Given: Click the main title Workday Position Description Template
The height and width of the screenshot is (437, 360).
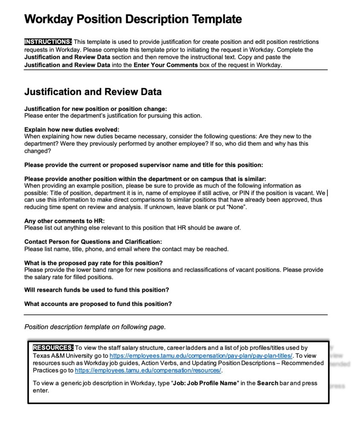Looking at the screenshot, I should (x=133, y=19).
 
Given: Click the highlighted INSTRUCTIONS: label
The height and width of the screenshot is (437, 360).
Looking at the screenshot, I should (x=48, y=42).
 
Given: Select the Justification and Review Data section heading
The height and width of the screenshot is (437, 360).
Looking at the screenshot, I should (x=93, y=92).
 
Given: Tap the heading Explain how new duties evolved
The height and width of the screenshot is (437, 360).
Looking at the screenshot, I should (x=72, y=129).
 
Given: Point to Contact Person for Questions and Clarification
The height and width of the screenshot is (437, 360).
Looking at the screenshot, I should (x=93, y=242).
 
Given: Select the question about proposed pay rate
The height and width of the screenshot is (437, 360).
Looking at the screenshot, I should (x=93, y=262).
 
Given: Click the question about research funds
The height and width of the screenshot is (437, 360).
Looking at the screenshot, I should (x=96, y=290).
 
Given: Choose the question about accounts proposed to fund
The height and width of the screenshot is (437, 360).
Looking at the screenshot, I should (x=98, y=304).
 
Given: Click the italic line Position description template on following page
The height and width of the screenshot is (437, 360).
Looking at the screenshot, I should (x=95, y=327).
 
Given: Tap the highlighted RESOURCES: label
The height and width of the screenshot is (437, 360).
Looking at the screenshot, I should (x=53, y=348).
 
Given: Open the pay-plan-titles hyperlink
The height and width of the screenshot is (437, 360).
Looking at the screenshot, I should (x=201, y=355).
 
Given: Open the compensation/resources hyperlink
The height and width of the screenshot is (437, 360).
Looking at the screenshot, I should (x=148, y=370).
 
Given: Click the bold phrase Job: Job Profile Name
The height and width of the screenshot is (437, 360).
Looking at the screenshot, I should (x=204, y=383).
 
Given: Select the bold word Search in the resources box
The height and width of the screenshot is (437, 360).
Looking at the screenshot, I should (x=267, y=383).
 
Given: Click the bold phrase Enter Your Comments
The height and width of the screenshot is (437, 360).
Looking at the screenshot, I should (x=165, y=65).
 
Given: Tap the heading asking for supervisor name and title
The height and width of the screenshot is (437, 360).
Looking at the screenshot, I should (x=143, y=165).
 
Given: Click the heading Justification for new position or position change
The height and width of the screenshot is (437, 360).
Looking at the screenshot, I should (x=96, y=109).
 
